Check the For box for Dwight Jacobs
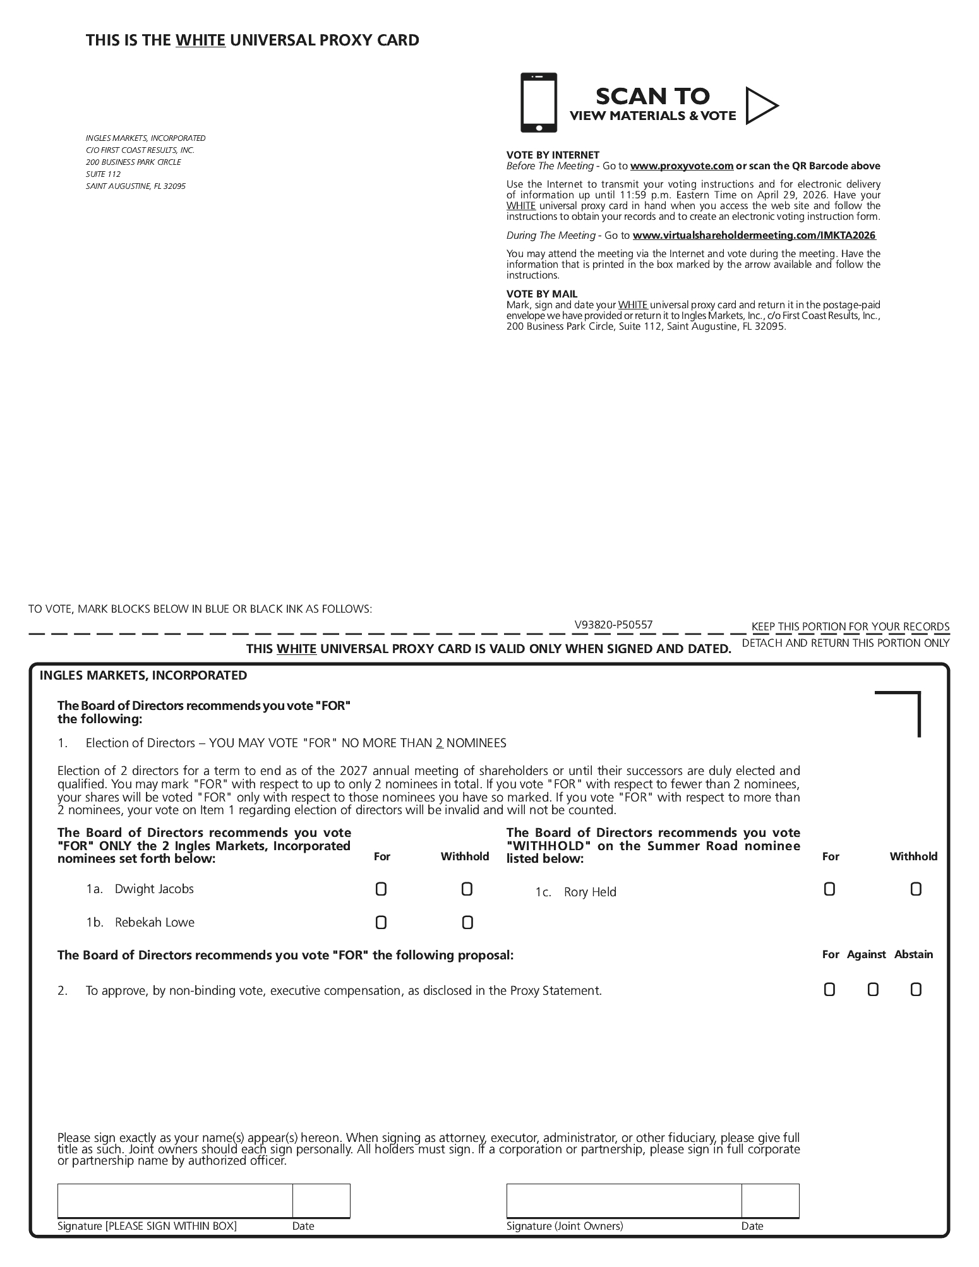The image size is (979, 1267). click(x=381, y=889)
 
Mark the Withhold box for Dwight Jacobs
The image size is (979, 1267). click(x=467, y=889)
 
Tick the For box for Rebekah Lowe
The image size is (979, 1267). click(x=381, y=923)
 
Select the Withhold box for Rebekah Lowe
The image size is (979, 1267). click(x=467, y=923)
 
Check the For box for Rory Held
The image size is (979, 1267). click(x=829, y=889)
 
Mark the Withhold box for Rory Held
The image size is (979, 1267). click(x=916, y=889)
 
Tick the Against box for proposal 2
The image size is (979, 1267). click(x=873, y=990)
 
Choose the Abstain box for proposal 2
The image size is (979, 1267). click(x=916, y=990)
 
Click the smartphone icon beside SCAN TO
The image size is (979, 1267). click(x=538, y=103)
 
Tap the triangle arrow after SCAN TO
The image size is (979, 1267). click(x=760, y=105)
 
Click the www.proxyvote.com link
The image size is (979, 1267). click(x=682, y=166)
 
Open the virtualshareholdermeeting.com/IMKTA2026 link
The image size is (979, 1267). click(x=754, y=236)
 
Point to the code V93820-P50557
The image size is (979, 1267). click(x=613, y=625)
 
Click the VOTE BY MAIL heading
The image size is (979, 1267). click(x=542, y=294)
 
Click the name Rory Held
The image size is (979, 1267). click(x=590, y=892)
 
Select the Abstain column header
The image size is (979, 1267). click(x=913, y=954)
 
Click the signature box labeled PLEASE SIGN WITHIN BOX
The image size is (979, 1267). click(x=175, y=1201)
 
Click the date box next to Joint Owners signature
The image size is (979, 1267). click(x=770, y=1201)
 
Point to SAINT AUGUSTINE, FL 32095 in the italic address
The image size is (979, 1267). click(x=136, y=186)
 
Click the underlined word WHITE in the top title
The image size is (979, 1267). click(x=200, y=40)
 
